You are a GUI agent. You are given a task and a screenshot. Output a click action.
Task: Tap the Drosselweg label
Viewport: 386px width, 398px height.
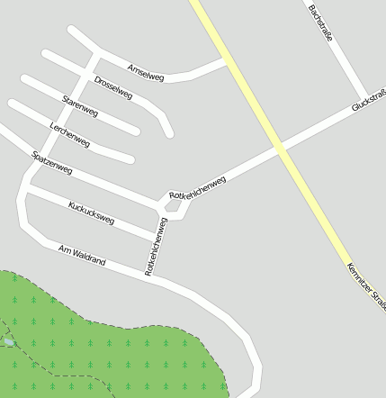(113, 87)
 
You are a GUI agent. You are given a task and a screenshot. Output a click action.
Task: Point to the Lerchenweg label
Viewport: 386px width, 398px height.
(70, 134)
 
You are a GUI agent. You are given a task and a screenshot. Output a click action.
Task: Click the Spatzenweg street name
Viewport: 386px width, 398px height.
(51, 163)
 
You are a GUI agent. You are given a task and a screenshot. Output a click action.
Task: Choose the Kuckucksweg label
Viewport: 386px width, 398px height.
(91, 213)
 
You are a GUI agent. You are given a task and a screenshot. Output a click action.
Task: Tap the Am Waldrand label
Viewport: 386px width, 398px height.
(82, 255)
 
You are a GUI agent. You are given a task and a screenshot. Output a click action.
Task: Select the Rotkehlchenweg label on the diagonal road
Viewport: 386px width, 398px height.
(197, 188)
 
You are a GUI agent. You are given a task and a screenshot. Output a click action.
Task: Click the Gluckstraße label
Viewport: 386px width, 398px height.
(369, 99)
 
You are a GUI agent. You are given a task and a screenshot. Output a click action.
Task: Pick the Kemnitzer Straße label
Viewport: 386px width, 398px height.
(365, 286)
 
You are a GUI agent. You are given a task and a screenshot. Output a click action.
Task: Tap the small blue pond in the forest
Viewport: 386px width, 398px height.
(7, 342)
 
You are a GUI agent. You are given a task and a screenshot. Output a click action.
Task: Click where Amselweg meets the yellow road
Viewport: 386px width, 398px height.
(225, 61)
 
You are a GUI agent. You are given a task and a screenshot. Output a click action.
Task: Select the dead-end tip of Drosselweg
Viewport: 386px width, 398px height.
(168, 133)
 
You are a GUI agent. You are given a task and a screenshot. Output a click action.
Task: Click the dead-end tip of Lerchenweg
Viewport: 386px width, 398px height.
(130, 159)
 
